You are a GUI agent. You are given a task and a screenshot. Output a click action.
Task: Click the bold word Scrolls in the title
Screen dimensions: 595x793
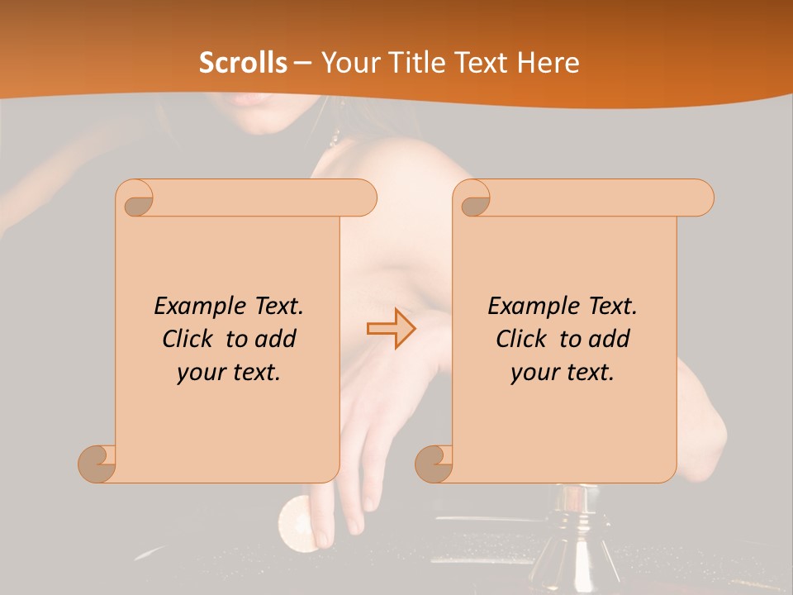[x=243, y=63]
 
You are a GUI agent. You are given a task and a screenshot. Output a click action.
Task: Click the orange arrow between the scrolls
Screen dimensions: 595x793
[x=391, y=328]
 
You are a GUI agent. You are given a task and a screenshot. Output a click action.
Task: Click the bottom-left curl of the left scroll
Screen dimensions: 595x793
[x=97, y=463]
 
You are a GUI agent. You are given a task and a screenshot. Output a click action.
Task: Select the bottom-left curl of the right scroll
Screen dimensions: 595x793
[x=434, y=463]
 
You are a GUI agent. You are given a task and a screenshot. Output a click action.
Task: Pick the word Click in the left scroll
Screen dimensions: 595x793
[x=188, y=339]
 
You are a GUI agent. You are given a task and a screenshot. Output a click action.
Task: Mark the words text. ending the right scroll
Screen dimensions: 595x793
[x=591, y=373]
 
